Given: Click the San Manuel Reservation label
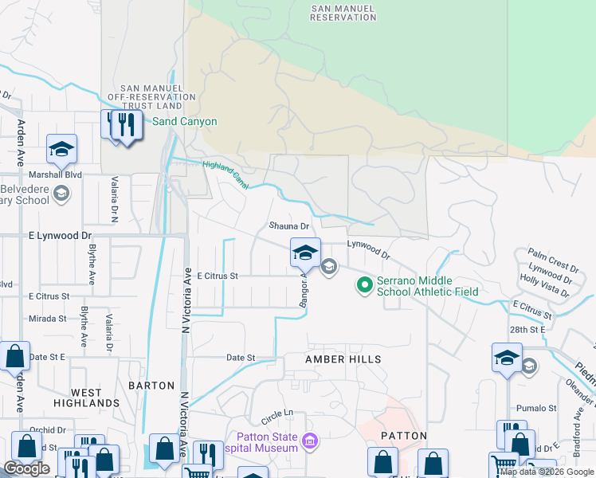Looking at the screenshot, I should point(343,12).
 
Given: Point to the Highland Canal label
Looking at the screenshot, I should point(226,174).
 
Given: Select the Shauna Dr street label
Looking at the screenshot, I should point(288,227).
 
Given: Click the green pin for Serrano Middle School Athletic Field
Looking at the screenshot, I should point(365,284).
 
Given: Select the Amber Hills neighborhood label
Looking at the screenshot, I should point(343,359).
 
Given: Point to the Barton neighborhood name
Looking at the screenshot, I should point(151,386).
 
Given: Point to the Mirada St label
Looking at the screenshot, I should point(47,318).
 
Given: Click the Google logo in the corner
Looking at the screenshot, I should point(26,469).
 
